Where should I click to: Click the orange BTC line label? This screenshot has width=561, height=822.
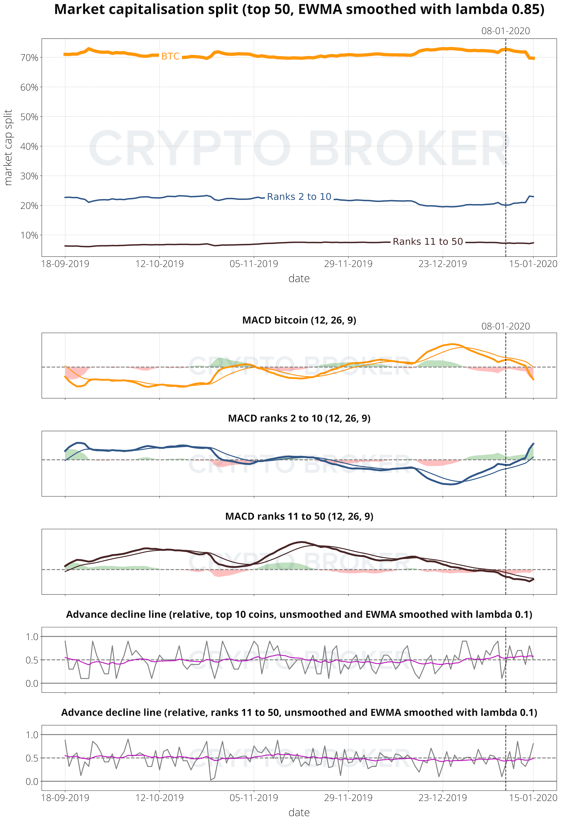(x=170, y=57)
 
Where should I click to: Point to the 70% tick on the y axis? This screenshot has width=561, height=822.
(x=29, y=58)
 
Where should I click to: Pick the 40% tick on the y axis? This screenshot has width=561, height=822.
(x=29, y=146)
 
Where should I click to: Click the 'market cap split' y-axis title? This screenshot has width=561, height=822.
(x=8, y=147)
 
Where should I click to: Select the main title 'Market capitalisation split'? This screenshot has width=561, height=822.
(x=299, y=10)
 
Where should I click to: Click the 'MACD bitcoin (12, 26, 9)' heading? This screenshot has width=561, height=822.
(x=299, y=320)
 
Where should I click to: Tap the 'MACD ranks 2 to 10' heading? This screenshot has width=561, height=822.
(x=299, y=418)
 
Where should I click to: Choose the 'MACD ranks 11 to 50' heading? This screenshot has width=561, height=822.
(x=299, y=516)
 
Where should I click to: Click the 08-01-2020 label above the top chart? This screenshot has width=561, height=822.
(x=505, y=31)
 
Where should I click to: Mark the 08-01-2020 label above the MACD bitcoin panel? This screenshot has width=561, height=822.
(x=505, y=326)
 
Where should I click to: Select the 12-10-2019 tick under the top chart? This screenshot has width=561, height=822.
(x=160, y=264)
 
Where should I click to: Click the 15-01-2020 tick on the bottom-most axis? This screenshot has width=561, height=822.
(x=533, y=798)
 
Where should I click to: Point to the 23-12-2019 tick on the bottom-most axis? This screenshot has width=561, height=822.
(x=443, y=798)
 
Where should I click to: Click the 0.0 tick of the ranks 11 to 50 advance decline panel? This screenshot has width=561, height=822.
(x=32, y=782)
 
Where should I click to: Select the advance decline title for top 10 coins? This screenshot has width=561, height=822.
(x=299, y=614)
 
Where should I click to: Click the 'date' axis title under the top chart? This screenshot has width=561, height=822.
(x=299, y=279)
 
